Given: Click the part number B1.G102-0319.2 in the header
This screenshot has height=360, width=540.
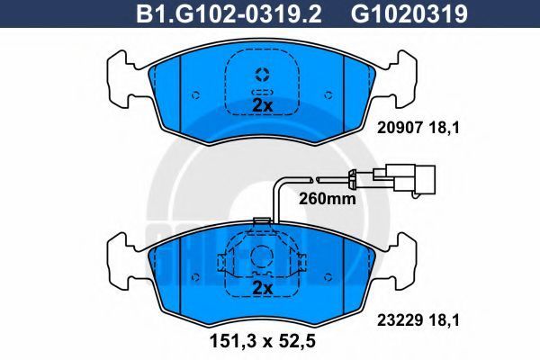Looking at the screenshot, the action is click(229, 13).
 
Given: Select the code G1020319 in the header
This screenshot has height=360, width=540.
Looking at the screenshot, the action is click(409, 13).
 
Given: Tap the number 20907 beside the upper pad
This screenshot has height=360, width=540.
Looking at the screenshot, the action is click(400, 128).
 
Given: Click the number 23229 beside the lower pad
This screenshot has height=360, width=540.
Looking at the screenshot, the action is click(400, 320).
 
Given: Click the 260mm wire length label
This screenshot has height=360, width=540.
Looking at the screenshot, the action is click(327, 198).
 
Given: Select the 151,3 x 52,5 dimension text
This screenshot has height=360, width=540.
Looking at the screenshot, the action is click(263, 341).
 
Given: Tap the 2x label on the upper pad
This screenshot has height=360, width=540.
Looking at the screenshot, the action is click(263, 105).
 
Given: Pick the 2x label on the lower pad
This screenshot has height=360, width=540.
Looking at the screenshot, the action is click(263, 288).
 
